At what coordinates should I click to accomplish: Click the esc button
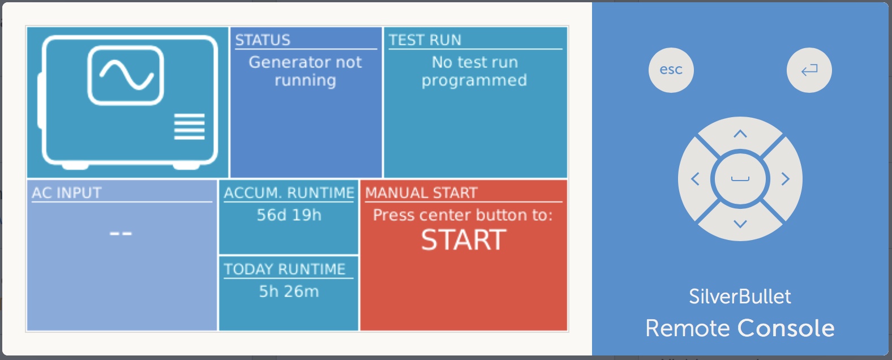671,70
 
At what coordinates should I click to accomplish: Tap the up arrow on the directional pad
740,134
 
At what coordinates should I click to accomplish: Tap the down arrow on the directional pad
740,224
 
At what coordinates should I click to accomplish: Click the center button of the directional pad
740,179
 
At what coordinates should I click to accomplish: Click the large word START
464,240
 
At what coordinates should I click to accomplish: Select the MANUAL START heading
421,193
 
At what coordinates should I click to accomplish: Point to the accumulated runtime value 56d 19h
289,215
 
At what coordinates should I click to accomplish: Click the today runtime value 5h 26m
289,292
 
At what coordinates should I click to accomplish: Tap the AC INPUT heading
66,193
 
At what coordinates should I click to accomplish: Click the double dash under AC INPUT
121,233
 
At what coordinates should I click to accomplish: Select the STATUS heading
263,40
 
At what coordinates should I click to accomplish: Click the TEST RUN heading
424,40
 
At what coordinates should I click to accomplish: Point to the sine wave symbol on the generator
126,75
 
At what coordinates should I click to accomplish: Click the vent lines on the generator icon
189,126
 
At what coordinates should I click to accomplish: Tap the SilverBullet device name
740,297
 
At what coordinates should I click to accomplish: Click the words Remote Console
740,328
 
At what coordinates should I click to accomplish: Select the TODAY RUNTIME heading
284,269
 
